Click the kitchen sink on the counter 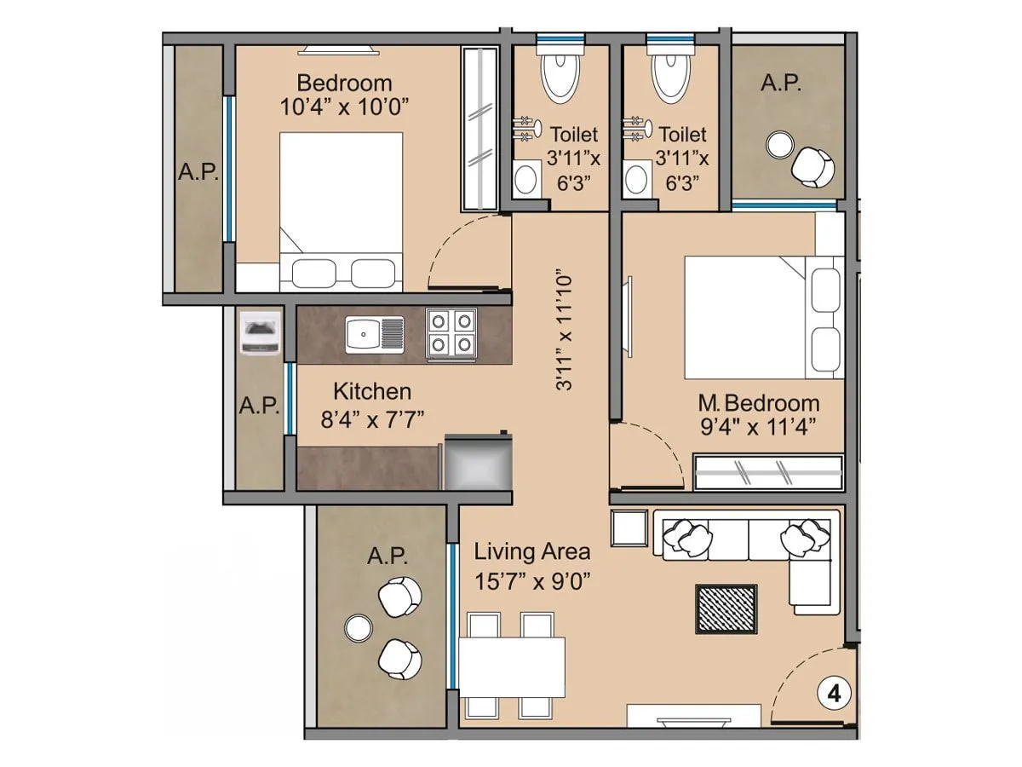pos(374,333)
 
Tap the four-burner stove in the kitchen pos(451,332)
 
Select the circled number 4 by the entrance pos(834,694)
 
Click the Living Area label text pos(532,551)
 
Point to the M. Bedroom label pos(758,403)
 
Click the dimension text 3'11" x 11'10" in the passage pos(564,332)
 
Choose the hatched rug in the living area pos(726,608)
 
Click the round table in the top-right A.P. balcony pos(778,145)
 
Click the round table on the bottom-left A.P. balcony pos(359,629)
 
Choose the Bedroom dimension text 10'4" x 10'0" pos(345,107)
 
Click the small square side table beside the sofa pos(629,528)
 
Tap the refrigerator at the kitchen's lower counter pos(477,464)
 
